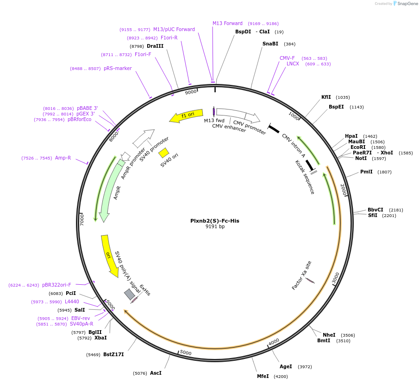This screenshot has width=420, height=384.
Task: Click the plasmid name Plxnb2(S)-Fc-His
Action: pyautogui.click(x=215, y=221)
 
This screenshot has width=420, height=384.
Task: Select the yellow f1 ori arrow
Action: pyautogui.click(x=186, y=115)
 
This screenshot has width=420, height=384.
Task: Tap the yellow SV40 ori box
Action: pyautogui.click(x=163, y=153)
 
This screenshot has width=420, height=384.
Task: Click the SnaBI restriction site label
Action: pyautogui.click(x=270, y=44)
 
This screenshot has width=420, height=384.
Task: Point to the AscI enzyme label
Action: pyautogui.click(x=156, y=373)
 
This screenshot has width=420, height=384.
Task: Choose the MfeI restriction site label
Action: pyautogui.click(x=263, y=376)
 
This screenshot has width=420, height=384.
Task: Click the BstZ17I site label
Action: pyautogui.click(x=113, y=354)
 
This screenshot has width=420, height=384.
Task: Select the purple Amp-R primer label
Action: pyautogui.click(x=63, y=158)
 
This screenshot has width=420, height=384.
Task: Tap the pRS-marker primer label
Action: pyautogui.click(x=118, y=69)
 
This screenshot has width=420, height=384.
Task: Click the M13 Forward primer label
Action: pyautogui.click(x=227, y=23)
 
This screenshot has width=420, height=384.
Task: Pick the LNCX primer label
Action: pyautogui.click(x=293, y=64)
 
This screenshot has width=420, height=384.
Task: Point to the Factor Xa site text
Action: pyautogui.click(x=301, y=275)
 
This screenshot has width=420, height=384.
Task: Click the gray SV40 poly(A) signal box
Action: pyautogui.click(x=130, y=294)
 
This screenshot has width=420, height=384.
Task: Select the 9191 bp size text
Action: pyautogui.click(x=215, y=227)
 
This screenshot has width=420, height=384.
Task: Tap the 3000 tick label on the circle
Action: pyautogui.click(x=336, y=278)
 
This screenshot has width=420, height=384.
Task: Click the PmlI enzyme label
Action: pyautogui.click(x=366, y=172)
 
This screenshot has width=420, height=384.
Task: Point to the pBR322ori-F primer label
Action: pyautogui.click(x=56, y=285)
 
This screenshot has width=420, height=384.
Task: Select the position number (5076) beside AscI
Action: pyautogui.click(x=140, y=373)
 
